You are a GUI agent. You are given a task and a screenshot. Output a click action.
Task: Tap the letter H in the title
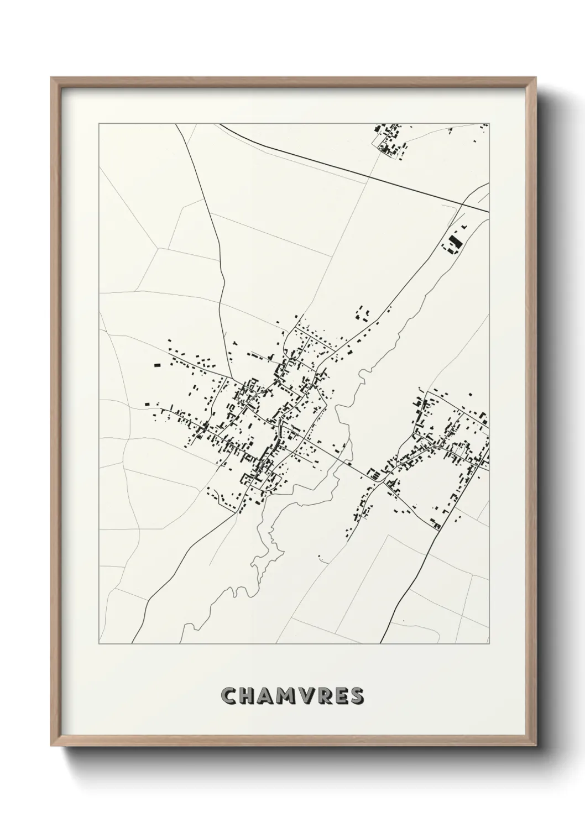tap(248, 697)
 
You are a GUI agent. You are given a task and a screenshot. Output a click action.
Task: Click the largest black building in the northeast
tap(456, 242)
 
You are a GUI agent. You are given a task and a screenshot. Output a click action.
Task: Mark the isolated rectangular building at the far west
tap(157, 365)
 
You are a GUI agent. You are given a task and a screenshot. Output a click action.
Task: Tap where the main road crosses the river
tap(347, 462)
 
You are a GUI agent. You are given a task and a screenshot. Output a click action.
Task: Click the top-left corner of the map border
tap(99, 124)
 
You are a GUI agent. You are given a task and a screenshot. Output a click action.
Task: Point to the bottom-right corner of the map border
tap(489, 644)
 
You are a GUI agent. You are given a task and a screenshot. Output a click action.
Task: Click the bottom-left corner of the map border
tap(99, 644)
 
